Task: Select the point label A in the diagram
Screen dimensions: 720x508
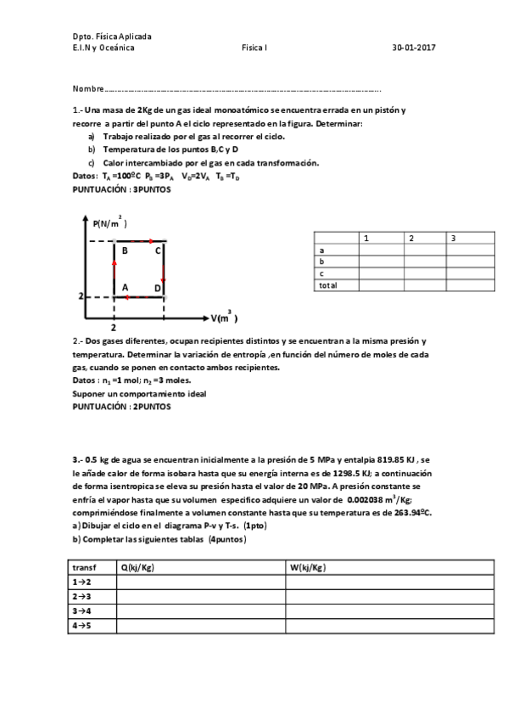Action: click(125, 288)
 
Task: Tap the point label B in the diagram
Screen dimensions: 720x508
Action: click(125, 250)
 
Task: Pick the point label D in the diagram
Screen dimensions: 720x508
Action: click(157, 289)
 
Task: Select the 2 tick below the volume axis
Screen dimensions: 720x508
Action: click(114, 327)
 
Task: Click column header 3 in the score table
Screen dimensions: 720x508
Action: click(453, 239)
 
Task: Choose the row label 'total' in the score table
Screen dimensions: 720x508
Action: click(327, 285)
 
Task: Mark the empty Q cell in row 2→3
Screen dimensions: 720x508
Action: click(200, 597)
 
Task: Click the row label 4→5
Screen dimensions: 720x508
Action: click(82, 626)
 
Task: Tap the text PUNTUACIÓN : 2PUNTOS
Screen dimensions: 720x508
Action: click(121, 406)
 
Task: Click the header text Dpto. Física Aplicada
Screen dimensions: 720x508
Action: click(112, 37)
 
